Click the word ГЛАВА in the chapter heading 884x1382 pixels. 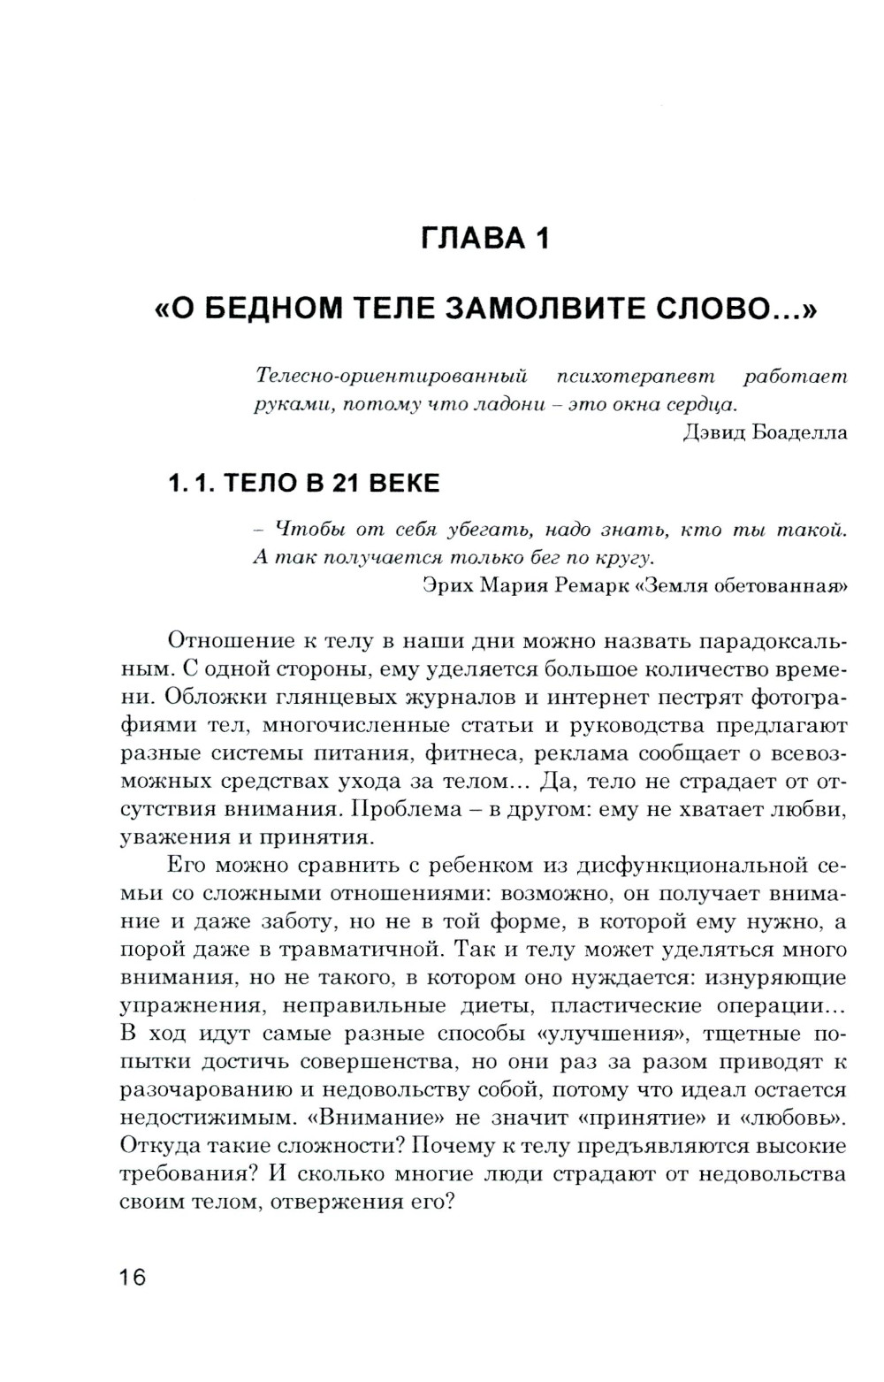(x=469, y=238)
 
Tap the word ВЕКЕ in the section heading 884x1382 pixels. (x=403, y=483)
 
